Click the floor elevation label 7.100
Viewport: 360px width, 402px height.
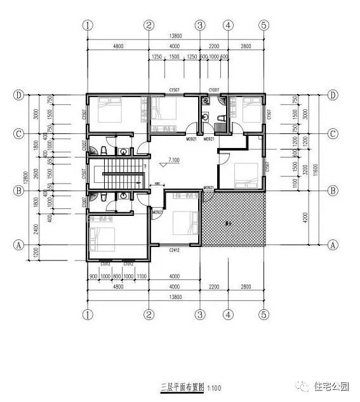175,161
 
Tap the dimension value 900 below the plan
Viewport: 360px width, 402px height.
93,276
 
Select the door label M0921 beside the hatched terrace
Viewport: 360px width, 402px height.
208,188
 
